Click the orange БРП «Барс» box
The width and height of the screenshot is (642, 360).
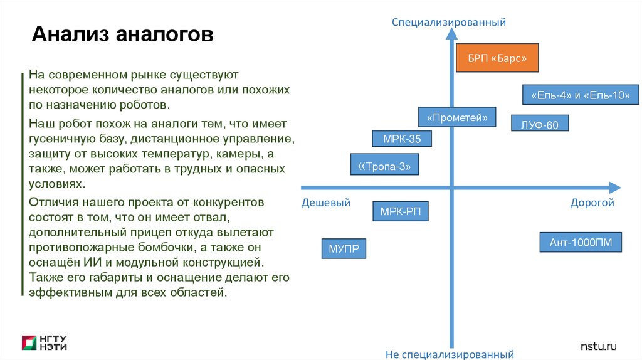coord(497,58)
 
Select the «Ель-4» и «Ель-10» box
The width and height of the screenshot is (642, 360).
coord(581,95)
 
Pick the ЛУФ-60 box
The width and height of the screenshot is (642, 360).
coord(539,125)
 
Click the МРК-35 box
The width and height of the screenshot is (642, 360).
coord(401,139)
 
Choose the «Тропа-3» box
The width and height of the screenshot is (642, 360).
coord(384,166)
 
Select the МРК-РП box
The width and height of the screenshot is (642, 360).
coord(401,211)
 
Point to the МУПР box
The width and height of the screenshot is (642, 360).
coord(344,248)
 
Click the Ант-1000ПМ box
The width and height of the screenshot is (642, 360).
coord(581,242)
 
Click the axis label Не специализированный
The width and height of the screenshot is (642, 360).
coord(450,354)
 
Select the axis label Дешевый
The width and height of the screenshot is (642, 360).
coord(326,203)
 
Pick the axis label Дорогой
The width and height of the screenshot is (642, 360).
coord(592,203)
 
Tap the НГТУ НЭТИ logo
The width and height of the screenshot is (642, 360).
coord(45,342)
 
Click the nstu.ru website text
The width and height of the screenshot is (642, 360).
coord(599,346)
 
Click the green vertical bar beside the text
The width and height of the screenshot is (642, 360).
coord(23,182)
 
